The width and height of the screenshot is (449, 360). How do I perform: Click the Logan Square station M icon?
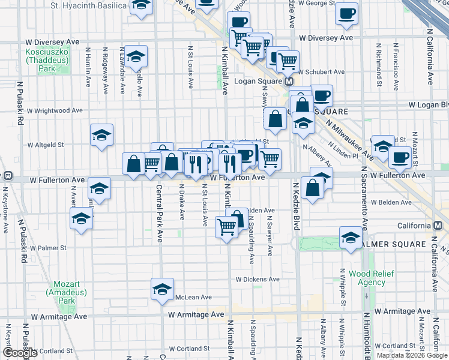coord(289,81)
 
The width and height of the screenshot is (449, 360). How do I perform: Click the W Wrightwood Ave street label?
coord(54,110)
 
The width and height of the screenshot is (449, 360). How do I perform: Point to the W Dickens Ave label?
coord(257,279)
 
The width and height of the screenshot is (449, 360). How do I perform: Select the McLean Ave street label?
coord(193,297)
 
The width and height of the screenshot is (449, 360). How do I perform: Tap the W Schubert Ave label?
coord(322,72)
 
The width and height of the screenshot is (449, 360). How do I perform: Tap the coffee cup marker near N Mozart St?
coord(399,158)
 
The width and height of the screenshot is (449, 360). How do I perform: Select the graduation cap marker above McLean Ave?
coord(162,289)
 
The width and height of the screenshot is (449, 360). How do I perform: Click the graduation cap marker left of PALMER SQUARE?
coord(351,238)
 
